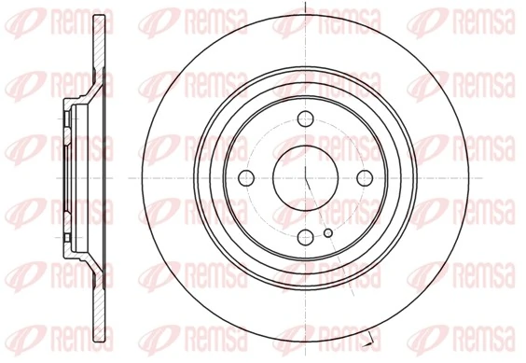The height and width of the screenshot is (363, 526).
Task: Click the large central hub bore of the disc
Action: pos(307,176)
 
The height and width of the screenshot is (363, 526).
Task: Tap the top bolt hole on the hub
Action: pos(307,119)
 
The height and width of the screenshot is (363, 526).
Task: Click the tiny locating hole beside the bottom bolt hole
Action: pos(327,233)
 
